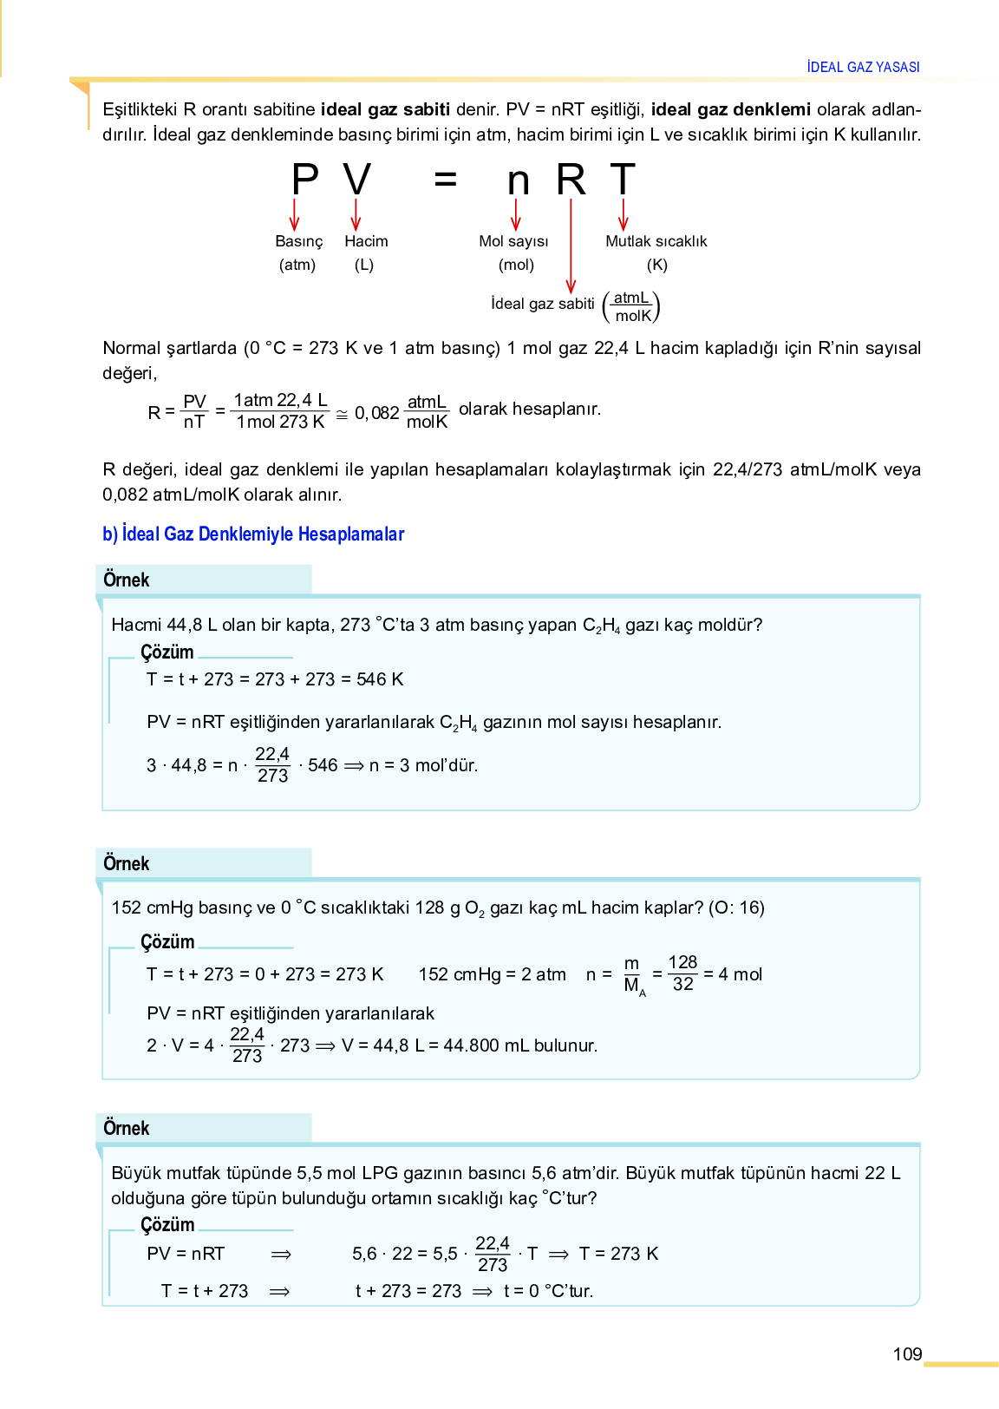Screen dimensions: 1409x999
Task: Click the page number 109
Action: [907, 1353]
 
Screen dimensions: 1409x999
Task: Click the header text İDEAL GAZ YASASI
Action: [863, 67]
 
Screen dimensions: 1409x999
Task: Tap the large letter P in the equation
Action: [304, 180]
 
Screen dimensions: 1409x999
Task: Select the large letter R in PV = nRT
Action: [571, 180]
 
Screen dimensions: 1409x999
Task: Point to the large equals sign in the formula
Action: [445, 180]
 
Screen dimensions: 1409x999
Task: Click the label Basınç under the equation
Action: [298, 241]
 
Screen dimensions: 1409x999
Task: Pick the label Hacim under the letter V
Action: [366, 241]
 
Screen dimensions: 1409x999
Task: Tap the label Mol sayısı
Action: [513, 241]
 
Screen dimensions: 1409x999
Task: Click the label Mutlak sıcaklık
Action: [656, 241]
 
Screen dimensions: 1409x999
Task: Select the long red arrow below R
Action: [571, 247]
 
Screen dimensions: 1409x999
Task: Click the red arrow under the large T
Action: [623, 214]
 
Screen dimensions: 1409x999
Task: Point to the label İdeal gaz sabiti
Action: [542, 304]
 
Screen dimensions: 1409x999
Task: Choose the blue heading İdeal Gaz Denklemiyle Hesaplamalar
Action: [253, 534]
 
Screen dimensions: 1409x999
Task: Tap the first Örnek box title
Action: [127, 580]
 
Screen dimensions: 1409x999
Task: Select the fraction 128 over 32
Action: [682, 973]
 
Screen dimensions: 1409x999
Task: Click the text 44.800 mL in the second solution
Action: [485, 1045]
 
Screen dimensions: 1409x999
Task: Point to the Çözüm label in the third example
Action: [167, 1224]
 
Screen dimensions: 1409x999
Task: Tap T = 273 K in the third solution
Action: [618, 1254]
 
